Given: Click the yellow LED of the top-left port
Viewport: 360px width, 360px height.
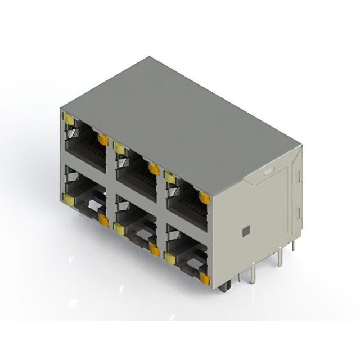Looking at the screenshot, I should coord(69,118).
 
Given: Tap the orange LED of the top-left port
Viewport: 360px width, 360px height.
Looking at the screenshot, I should coord(103,139).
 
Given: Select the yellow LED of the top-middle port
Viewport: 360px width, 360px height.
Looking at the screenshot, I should coord(119,148).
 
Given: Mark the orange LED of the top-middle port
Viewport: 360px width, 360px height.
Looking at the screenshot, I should coord(153,168).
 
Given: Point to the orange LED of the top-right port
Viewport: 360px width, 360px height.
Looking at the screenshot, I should coord(204,197).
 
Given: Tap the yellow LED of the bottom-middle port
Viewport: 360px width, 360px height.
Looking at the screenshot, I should coord(119,228).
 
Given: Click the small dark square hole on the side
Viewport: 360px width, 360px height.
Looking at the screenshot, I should coord(245,231).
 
